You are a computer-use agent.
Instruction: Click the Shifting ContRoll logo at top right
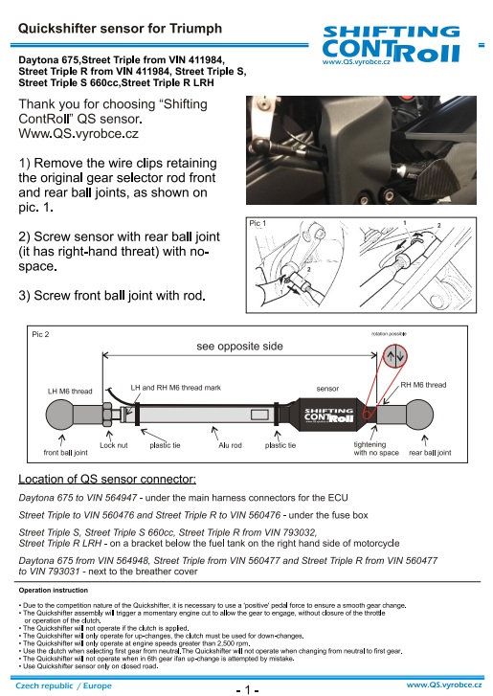[x=391, y=45]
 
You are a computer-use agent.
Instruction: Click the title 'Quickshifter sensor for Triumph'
[x=120, y=29]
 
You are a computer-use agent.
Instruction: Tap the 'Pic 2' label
[x=40, y=334]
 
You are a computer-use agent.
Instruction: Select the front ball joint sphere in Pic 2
[x=60, y=415]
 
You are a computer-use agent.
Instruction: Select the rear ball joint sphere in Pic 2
[x=419, y=415]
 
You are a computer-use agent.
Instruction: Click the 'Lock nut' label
[x=114, y=445]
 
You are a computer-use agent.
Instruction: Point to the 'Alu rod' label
[x=230, y=445]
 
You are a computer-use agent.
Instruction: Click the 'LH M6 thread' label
[x=70, y=391]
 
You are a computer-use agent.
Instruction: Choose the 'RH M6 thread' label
[x=423, y=385]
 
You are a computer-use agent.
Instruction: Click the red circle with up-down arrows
[x=395, y=355]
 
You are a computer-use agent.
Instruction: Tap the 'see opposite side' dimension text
[x=239, y=347]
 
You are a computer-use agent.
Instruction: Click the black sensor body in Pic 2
[x=328, y=415]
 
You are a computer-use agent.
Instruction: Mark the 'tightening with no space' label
[x=376, y=448]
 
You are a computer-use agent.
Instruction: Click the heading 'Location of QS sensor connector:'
[x=107, y=479]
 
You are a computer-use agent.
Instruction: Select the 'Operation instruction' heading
[x=54, y=591]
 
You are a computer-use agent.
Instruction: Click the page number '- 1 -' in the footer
[x=247, y=689]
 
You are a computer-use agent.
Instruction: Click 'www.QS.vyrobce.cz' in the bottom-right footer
[x=444, y=685]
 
